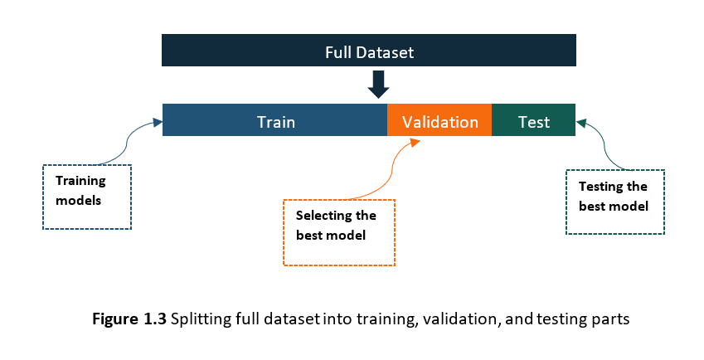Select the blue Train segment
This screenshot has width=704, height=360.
(275, 121)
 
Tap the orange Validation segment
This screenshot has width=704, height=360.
(439, 121)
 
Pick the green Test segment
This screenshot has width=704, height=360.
(533, 121)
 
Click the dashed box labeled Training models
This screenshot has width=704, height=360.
(87, 196)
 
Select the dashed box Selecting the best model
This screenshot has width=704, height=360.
(338, 231)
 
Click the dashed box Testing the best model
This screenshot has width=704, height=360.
(614, 202)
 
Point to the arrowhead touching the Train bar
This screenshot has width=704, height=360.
(158, 123)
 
